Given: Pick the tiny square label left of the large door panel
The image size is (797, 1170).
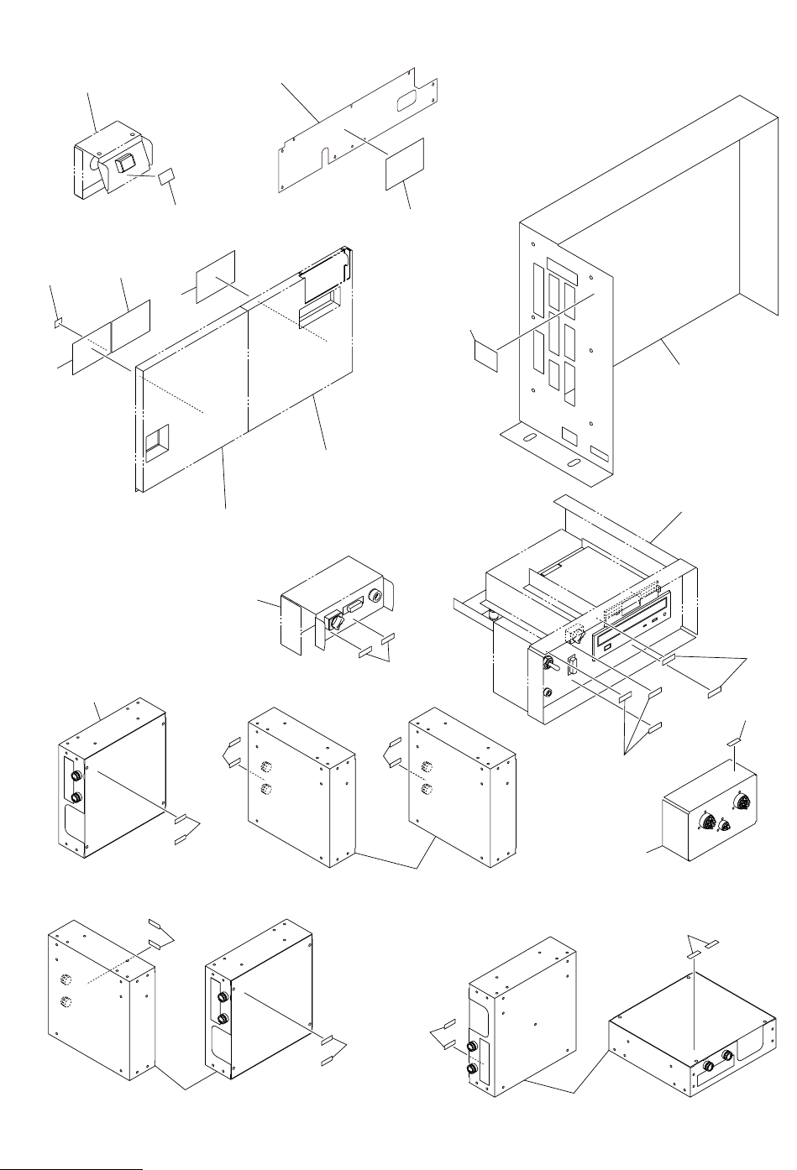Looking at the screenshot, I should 58,321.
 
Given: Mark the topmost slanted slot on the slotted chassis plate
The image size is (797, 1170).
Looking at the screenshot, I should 563,271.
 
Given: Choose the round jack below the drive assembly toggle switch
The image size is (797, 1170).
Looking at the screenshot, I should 548,693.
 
